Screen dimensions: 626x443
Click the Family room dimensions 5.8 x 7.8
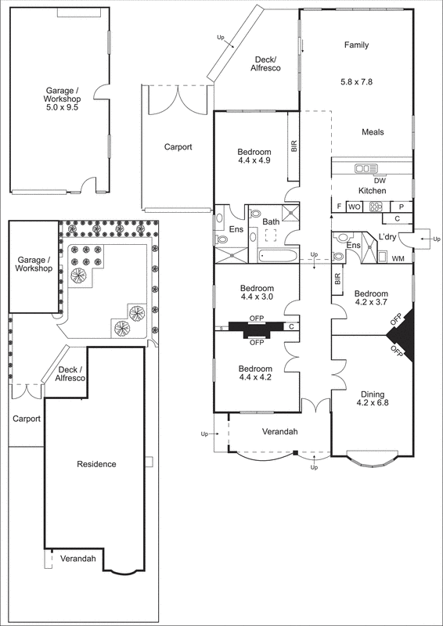[357, 81]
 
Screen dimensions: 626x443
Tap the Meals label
[373, 132]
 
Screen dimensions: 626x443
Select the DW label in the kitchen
[369, 180]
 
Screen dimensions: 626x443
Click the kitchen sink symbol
[366, 168]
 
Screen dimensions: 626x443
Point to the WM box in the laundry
[398, 258]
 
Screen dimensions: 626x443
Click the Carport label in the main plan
[178, 146]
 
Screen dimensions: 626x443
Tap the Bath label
[271, 222]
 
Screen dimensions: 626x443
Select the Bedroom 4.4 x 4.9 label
[255, 156]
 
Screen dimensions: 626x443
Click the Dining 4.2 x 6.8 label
[372, 400]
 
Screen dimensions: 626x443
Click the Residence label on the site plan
[96, 464]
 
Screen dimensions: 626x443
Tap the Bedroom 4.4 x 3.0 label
[255, 292]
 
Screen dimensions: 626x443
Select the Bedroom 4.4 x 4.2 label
[255, 373]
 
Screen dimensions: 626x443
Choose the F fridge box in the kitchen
[338, 207]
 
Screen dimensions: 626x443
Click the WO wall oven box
[354, 207]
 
